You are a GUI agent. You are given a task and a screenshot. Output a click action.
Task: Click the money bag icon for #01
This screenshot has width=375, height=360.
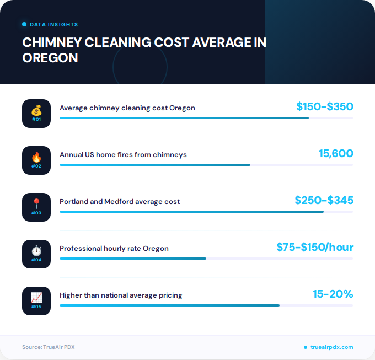pyautogui.click(x=36, y=111)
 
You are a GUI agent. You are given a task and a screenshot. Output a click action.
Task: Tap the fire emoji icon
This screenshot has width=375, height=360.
pyautogui.click(x=36, y=158)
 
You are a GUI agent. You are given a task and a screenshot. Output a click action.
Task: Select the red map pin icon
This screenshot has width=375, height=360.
pyautogui.click(x=36, y=205)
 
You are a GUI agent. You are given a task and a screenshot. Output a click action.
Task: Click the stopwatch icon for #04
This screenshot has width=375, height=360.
pyautogui.click(x=36, y=251)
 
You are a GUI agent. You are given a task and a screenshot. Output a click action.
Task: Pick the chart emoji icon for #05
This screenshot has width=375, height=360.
pyautogui.click(x=36, y=298)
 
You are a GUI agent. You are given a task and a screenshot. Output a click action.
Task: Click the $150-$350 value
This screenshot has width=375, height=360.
pyautogui.click(x=324, y=106)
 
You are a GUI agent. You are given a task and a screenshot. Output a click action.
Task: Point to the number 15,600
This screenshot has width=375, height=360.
pyautogui.click(x=336, y=153)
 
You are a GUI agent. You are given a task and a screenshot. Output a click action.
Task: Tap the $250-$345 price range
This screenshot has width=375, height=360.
pyautogui.click(x=324, y=200)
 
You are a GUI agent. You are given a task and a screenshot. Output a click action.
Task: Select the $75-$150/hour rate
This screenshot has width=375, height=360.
pyautogui.click(x=315, y=247)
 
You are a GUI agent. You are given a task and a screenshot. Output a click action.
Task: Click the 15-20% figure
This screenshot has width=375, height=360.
pyautogui.click(x=333, y=294)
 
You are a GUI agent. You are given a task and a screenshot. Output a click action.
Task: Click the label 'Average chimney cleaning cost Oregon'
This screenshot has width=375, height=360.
pyautogui.click(x=127, y=108)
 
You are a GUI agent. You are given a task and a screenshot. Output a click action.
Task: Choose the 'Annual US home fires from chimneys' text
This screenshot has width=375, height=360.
pyautogui.click(x=123, y=155)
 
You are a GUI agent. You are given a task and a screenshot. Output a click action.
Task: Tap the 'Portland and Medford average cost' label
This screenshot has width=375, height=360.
pyautogui.click(x=120, y=202)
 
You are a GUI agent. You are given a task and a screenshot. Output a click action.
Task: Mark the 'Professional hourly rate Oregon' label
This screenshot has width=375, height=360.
pyautogui.click(x=114, y=249)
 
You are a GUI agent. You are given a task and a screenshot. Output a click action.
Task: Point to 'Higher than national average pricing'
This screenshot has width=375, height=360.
pyautogui.click(x=121, y=295)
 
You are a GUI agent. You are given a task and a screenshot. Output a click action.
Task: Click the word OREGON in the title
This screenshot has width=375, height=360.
pyautogui.click(x=50, y=57)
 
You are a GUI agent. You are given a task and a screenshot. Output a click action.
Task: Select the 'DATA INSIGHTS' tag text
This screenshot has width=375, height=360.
pyautogui.click(x=53, y=25)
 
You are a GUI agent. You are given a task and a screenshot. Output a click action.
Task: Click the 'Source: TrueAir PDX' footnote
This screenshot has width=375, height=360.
pyautogui.click(x=48, y=347)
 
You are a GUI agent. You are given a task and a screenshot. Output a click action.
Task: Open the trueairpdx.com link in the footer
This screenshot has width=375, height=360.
pyautogui.click(x=331, y=347)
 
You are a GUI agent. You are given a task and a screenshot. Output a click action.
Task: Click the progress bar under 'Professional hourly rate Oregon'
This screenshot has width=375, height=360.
pyautogui.click(x=133, y=258)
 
